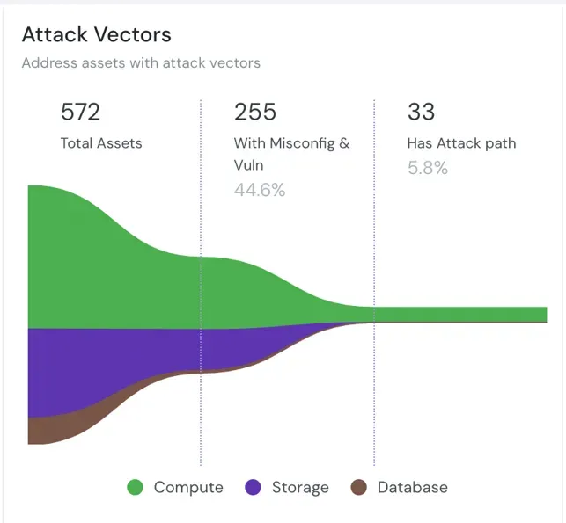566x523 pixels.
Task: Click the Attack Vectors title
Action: click(96, 35)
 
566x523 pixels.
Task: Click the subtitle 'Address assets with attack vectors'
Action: click(141, 63)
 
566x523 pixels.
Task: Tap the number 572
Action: click(80, 112)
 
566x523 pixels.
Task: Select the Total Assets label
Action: click(100, 142)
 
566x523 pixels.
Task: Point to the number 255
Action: click(254, 112)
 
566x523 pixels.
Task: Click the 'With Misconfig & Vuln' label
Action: click(291, 153)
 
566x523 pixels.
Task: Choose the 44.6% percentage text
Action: click(259, 190)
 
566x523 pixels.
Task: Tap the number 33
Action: click(421, 112)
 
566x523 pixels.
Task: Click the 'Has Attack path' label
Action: click(461, 142)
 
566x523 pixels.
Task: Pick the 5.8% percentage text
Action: click(427, 167)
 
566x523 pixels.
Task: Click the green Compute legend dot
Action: click(135, 488)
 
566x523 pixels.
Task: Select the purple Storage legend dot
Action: click(253, 488)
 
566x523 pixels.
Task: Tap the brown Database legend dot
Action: click(358, 488)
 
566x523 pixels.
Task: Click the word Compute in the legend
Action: click(188, 488)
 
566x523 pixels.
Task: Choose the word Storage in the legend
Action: click(300, 488)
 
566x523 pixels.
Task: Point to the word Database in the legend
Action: click(412, 488)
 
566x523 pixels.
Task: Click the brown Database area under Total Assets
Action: click(44, 430)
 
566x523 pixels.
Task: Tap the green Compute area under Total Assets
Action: click(79, 264)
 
